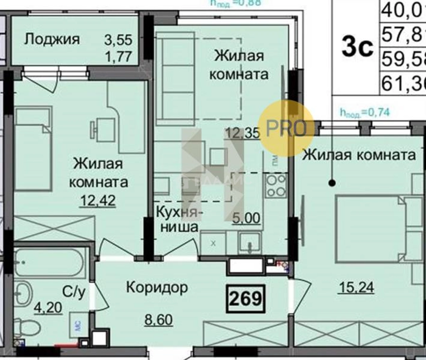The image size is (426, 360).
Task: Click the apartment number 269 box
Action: click(x=246, y=299)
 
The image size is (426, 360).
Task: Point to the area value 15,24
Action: click(x=357, y=287)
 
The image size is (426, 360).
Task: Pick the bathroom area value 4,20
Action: click(x=48, y=308)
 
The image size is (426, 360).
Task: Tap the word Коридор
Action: click(x=157, y=287)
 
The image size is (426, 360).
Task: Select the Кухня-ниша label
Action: click(x=179, y=219)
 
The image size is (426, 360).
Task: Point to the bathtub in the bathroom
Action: click(x=49, y=263)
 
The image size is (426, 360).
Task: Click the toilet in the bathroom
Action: click(x=27, y=326)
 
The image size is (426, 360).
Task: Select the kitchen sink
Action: click(x=249, y=243)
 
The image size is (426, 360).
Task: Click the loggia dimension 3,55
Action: click(x=118, y=40)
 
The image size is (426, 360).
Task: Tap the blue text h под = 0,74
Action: click(x=365, y=112)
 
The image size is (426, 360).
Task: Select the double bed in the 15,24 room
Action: click(x=370, y=230)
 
